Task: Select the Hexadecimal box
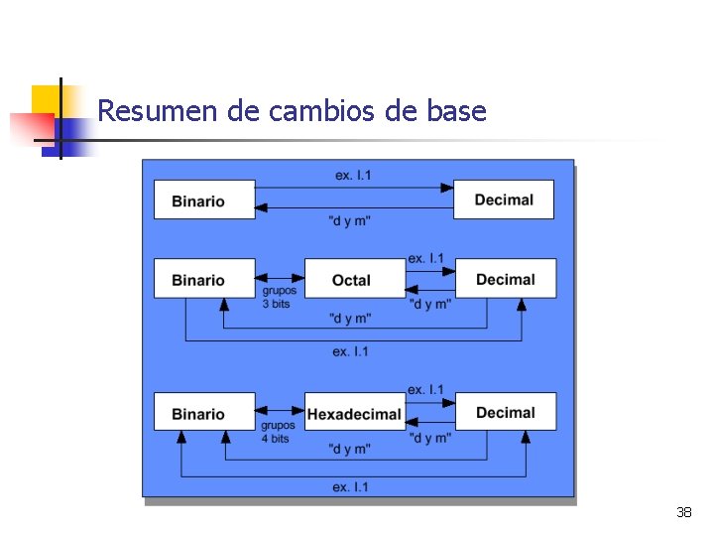coord(354,413)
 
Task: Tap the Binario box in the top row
coord(203,200)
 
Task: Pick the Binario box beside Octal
coord(203,279)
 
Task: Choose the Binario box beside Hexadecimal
coord(203,413)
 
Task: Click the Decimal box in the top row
coord(503,200)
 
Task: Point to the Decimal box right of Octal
coord(505,279)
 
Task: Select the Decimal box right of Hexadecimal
coord(505,413)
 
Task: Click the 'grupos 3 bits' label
coord(278,298)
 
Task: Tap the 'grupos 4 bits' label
coord(278,432)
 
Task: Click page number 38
coord(683,512)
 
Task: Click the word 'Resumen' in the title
coord(159,111)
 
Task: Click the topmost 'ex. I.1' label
coord(353,176)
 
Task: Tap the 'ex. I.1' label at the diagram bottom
coord(350,486)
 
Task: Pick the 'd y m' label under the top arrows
coord(349,220)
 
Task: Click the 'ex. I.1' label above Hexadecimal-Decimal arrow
coord(425,390)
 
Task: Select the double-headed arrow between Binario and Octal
coord(280,277)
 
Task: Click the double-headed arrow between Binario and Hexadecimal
coord(280,411)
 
